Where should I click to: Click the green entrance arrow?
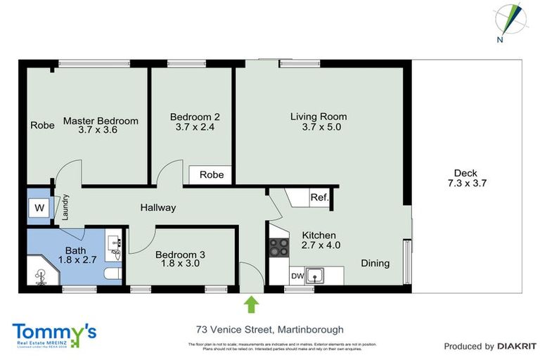coord(251,304)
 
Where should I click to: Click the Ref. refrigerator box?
coord(319,198)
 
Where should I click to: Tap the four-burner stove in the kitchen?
coord(278,247)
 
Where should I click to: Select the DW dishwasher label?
coord(298,276)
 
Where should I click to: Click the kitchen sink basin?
coord(318,276)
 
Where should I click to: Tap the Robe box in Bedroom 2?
coord(211,174)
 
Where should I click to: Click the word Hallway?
coord(157,207)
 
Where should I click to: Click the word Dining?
coord(375,263)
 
